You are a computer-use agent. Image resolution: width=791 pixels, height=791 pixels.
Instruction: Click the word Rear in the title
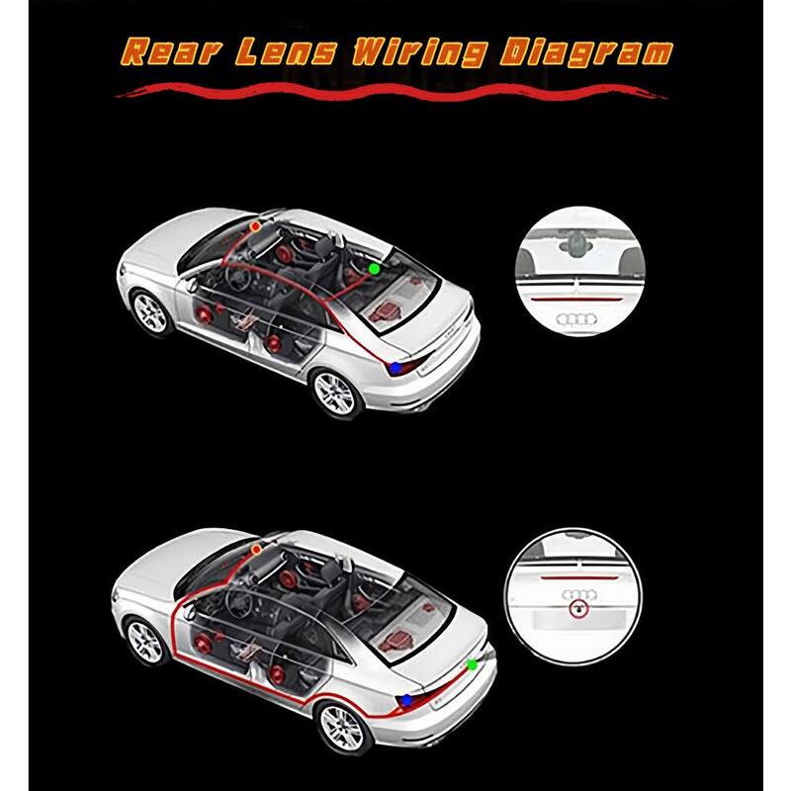coord(171,51)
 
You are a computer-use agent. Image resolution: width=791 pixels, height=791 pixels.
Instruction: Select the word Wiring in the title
coord(419,53)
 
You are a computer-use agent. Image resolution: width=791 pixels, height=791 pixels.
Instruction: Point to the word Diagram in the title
coord(586,53)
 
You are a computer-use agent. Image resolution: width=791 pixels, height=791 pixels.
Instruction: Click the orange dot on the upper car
coord(255,226)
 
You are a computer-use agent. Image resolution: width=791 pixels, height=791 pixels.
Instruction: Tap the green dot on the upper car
coord(374,269)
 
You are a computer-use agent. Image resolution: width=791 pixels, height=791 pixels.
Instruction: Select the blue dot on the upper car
coord(397,368)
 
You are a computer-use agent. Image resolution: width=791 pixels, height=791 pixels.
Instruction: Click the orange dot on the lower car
coord(256,550)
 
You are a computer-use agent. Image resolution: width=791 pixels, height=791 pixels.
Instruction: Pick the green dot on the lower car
coord(473,664)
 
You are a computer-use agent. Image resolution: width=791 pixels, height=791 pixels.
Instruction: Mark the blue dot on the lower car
coord(406,700)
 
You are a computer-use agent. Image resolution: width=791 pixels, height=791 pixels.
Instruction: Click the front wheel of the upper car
coord(149,312)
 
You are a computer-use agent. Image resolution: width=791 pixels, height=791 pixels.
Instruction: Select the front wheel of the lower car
coord(145,643)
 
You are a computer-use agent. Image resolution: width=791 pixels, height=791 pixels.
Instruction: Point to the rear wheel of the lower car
coord(342,729)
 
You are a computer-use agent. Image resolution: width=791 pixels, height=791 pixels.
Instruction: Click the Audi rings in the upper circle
coord(576,318)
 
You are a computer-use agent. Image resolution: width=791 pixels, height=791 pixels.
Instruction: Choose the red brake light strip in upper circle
coord(578,299)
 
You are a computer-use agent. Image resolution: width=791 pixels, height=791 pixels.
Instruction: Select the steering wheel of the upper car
coord(238,277)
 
